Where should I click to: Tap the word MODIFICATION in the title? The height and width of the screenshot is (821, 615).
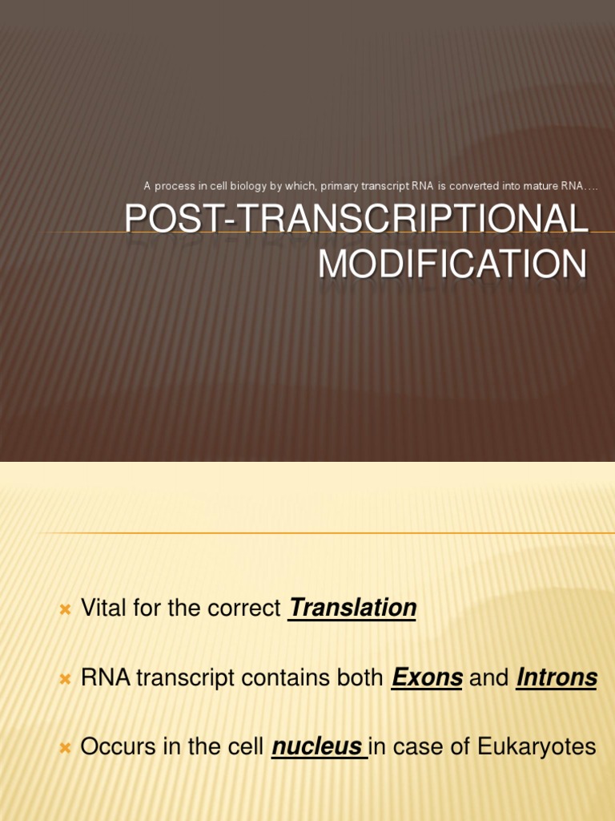(x=452, y=265)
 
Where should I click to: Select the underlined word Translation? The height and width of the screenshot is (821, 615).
(x=352, y=608)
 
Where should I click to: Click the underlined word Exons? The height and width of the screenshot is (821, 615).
(x=427, y=677)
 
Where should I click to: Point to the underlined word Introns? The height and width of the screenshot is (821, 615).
(x=557, y=677)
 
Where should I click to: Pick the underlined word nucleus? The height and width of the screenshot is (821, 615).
(x=317, y=747)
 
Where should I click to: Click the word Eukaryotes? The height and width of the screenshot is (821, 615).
(x=537, y=747)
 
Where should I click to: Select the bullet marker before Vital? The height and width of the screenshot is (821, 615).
(x=66, y=609)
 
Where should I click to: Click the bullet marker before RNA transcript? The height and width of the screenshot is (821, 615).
(x=66, y=679)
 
